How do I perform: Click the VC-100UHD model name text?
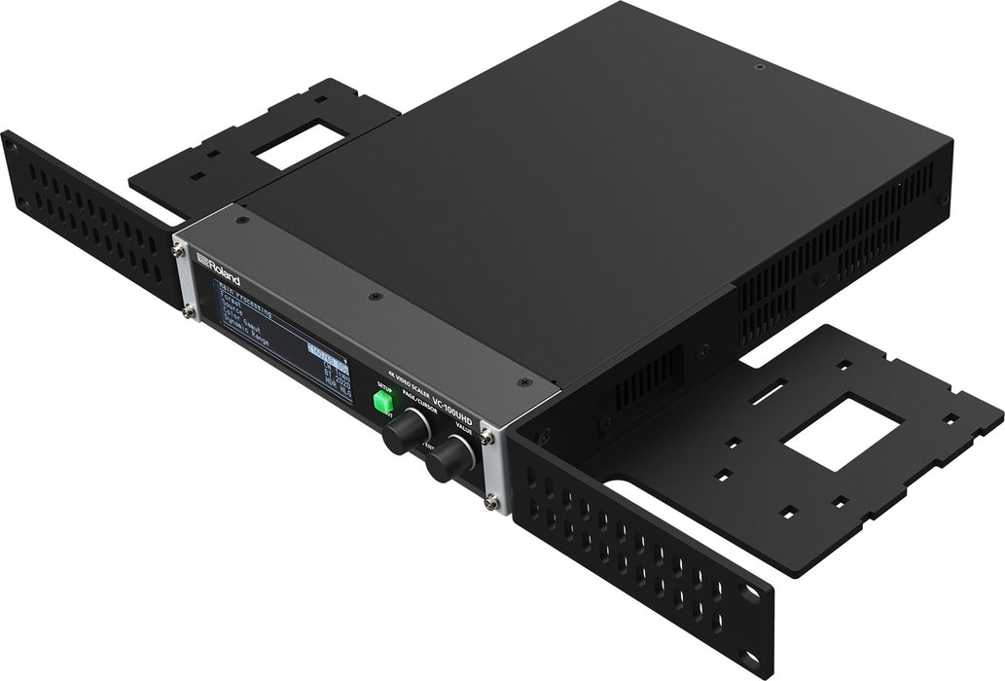(x=473, y=399)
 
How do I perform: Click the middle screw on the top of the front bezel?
(x=374, y=296)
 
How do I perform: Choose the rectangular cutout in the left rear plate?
(x=300, y=143)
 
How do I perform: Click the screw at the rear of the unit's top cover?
(x=759, y=67)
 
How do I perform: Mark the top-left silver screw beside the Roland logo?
(x=179, y=251)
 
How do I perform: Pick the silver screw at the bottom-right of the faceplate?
(x=494, y=502)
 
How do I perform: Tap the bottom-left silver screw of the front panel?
(x=189, y=311)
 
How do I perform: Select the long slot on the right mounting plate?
(x=769, y=393)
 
